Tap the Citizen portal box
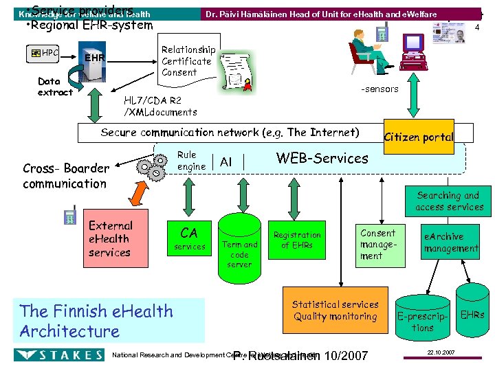(419, 137)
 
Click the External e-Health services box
(109, 238)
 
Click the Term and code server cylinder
(239, 246)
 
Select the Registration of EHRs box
(297, 240)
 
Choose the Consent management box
(377, 244)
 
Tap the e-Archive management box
(450, 242)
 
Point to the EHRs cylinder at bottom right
(472, 315)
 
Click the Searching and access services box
(449, 201)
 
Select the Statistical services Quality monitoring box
(335, 311)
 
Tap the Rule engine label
(191, 161)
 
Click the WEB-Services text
(322, 158)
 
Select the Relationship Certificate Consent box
(188, 61)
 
